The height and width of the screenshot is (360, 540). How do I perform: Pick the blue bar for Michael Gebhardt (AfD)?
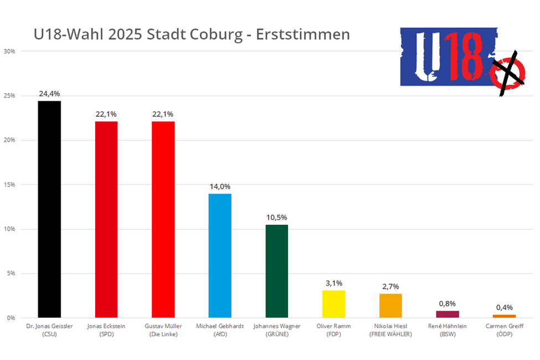(x=220, y=255)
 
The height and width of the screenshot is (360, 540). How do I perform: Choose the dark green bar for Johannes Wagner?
(x=277, y=271)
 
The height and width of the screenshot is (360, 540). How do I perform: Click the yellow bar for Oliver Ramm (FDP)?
(x=333, y=304)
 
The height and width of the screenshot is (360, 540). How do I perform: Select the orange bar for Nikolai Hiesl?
(x=390, y=305)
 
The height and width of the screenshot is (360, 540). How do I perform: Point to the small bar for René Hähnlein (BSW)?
(x=448, y=314)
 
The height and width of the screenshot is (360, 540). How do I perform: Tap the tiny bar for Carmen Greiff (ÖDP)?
(x=504, y=316)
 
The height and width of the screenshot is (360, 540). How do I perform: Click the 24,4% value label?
(x=49, y=94)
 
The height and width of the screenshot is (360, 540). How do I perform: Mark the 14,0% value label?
(x=220, y=187)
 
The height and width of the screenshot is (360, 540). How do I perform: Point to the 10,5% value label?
(x=277, y=217)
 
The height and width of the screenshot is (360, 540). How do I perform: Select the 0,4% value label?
(x=504, y=307)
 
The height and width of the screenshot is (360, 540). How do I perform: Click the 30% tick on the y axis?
(x=9, y=52)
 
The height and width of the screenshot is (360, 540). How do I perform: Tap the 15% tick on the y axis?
(x=9, y=184)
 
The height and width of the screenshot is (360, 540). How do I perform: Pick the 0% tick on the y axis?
(x=11, y=317)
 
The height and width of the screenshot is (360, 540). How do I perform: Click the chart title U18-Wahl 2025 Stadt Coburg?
(x=192, y=34)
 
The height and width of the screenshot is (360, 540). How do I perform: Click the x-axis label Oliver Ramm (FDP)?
(x=333, y=330)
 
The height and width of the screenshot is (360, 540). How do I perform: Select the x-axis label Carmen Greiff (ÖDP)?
(x=504, y=330)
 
